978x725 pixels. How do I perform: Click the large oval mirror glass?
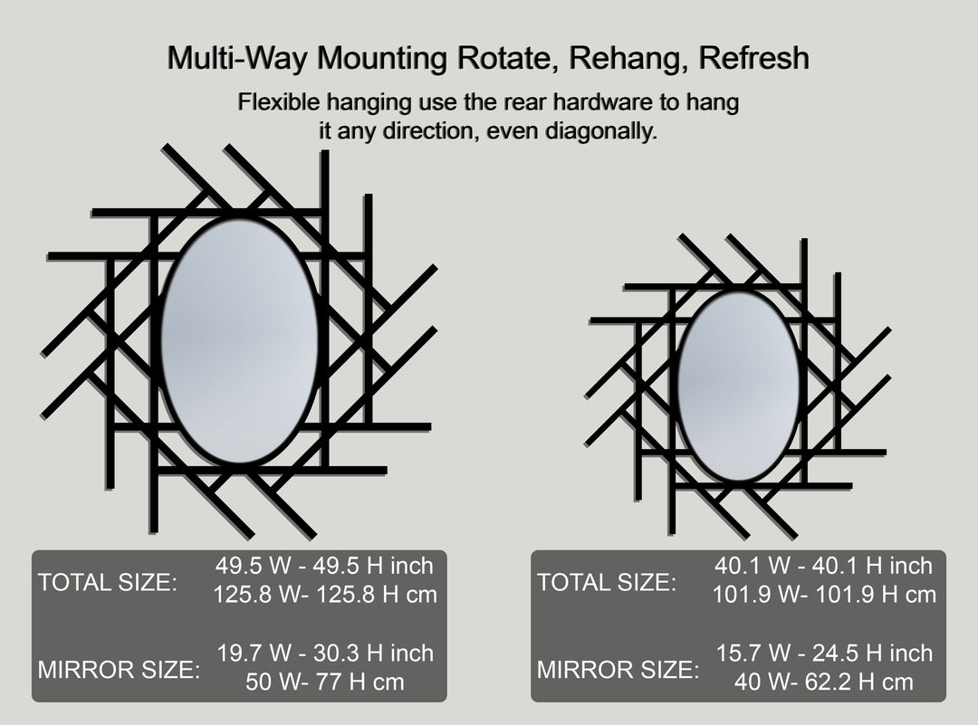[x=239, y=340]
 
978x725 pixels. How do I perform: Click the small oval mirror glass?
[x=739, y=386]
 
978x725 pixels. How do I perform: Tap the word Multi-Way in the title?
[x=237, y=58]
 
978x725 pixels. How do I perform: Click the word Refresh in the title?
[x=753, y=57]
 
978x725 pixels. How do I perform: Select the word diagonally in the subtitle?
[x=600, y=131]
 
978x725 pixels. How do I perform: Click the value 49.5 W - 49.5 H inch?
[x=324, y=566]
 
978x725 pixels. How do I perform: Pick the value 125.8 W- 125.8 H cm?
[x=325, y=594]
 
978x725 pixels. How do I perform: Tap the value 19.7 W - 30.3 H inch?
[x=325, y=653]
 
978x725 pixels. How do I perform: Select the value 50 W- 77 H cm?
[x=324, y=682]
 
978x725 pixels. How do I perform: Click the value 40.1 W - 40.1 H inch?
[x=823, y=566]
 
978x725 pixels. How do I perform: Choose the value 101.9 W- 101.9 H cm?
[x=824, y=594]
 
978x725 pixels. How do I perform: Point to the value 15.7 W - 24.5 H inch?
[x=824, y=653]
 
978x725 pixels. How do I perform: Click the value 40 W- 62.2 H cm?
[x=823, y=682]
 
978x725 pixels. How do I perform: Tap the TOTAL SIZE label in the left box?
[x=108, y=583]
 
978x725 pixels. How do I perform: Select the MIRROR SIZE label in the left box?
[x=119, y=670]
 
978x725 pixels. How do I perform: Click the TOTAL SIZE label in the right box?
[x=607, y=583]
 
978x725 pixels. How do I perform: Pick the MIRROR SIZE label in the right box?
[x=618, y=670]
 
